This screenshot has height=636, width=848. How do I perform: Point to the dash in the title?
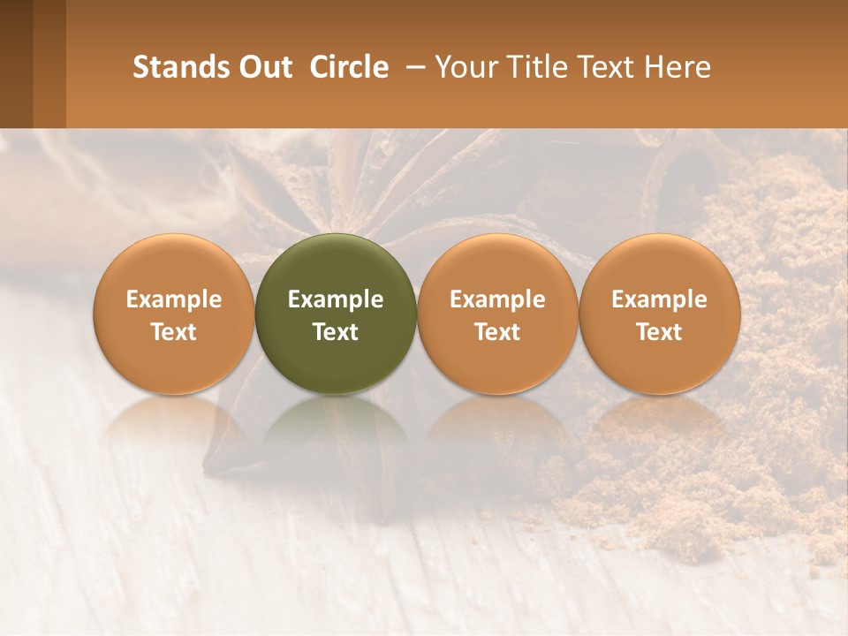(412, 67)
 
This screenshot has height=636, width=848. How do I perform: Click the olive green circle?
(336, 314)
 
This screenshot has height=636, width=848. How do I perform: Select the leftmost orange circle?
(174, 314)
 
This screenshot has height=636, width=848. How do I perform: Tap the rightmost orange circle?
(659, 314)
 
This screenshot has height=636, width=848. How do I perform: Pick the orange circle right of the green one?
(497, 314)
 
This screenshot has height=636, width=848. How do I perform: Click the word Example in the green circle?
(336, 299)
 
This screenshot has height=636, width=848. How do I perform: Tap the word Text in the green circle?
(336, 332)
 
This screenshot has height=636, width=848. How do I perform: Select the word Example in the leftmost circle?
(174, 299)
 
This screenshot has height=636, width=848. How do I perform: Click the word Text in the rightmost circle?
(659, 332)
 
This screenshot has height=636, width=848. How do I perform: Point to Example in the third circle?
(497, 299)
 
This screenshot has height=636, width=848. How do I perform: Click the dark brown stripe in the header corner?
(16, 64)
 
